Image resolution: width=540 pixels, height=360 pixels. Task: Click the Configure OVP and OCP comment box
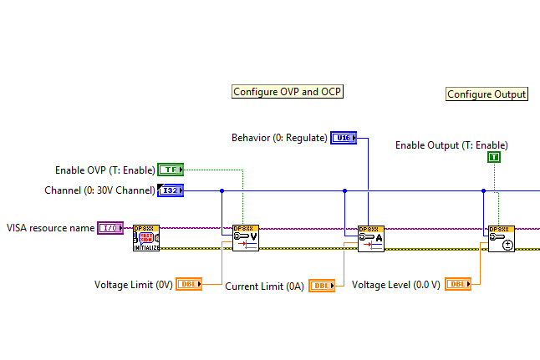(x=288, y=92)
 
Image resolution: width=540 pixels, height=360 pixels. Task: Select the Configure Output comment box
(x=487, y=94)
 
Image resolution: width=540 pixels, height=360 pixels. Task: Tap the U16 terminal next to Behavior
(x=344, y=138)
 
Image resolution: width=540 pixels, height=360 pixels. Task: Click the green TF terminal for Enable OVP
(x=171, y=170)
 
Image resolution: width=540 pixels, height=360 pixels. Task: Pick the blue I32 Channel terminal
(x=170, y=190)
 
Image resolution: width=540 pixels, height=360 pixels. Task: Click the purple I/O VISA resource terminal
(x=110, y=227)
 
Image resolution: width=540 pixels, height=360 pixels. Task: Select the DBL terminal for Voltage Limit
(x=189, y=285)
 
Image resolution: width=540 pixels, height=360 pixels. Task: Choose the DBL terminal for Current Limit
(x=322, y=286)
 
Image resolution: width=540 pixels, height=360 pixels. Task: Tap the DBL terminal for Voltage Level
(x=457, y=285)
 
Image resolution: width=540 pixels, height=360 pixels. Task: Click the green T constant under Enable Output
(x=494, y=157)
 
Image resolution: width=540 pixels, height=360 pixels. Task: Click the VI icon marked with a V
(x=246, y=238)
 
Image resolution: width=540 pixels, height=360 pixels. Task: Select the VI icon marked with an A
(x=370, y=238)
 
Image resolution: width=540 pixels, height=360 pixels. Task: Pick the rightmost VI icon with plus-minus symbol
(x=502, y=238)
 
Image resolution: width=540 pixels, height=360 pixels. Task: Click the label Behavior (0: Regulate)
(x=279, y=138)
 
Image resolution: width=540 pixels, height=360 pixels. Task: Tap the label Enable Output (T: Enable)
(x=451, y=145)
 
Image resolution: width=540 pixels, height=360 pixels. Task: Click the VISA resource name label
(x=50, y=227)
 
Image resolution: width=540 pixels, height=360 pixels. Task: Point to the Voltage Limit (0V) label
(x=134, y=285)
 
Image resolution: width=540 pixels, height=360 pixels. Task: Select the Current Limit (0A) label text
(x=265, y=286)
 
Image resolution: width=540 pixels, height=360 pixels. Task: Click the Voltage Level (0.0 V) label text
(x=396, y=285)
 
